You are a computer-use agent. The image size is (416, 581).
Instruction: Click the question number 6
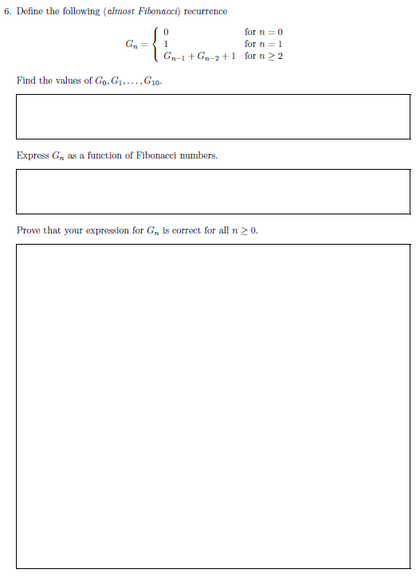pos(7,11)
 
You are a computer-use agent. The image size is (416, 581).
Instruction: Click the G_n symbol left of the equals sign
pos(131,44)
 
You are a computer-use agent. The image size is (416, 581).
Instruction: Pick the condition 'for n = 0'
pos(264,33)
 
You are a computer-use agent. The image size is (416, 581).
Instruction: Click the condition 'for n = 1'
pos(264,44)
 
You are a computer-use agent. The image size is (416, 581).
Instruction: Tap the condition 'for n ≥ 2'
pos(264,56)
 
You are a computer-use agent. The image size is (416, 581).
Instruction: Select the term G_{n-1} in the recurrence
pos(175,57)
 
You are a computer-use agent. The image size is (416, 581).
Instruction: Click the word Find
pos(25,80)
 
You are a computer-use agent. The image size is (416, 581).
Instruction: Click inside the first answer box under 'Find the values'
pos(213,116)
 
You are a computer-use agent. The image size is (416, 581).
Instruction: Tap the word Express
pos(31,155)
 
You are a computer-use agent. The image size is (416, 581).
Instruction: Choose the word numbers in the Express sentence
pos(200,155)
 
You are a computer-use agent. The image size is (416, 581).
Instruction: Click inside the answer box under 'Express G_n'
pos(213,191)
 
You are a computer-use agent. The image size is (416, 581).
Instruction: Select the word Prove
pos(29,230)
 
